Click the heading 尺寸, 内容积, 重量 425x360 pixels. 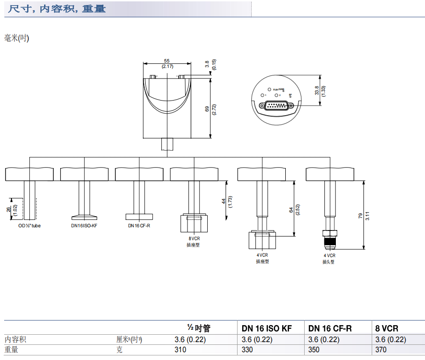[x=57, y=8]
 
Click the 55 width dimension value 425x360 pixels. [x=167, y=61]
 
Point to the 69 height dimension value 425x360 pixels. [x=207, y=109]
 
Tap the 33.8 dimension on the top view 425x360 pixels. [x=317, y=90]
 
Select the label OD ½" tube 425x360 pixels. [x=29, y=225]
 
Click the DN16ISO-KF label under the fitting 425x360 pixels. [x=84, y=225]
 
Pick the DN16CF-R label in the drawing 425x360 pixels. [x=139, y=225]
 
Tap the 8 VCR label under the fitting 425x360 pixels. [x=194, y=239]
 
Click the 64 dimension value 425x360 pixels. [x=291, y=209]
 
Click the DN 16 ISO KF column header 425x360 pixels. [x=266, y=328]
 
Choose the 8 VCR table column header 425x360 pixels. [x=387, y=328]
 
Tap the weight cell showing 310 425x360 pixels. [x=181, y=350]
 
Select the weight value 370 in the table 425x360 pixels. [x=381, y=350]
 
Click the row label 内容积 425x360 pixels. [x=16, y=339]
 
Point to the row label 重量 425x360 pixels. [x=11, y=350]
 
